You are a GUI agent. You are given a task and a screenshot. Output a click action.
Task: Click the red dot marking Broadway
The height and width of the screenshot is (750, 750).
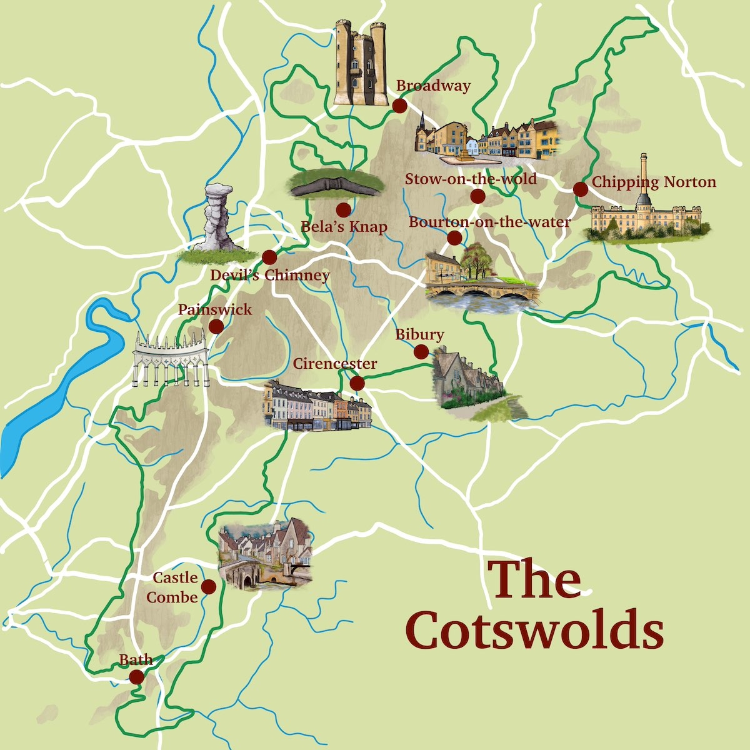[x=399, y=106]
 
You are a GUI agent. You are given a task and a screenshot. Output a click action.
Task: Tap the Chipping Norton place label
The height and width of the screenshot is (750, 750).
[x=653, y=182]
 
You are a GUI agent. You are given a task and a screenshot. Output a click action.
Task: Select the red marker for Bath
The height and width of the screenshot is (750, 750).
[x=136, y=676]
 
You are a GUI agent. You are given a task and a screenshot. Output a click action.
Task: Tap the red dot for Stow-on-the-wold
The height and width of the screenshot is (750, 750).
[x=477, y=197]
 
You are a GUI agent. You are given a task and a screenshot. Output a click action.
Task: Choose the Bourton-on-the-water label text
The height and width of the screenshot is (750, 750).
[x=489, y=222]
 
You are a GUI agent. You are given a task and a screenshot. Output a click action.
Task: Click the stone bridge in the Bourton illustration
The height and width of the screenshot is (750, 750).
[x=481, y=291]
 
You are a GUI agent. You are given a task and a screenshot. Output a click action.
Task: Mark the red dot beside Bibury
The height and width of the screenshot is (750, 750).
[x=421, y=352]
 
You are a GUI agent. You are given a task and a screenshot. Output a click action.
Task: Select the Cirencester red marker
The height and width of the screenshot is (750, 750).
[x=357, y=383]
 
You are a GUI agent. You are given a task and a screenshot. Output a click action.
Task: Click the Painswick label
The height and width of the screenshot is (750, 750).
[x=215, y=309]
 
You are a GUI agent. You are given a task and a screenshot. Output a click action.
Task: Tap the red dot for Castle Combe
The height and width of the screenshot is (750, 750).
[x=208, y=587]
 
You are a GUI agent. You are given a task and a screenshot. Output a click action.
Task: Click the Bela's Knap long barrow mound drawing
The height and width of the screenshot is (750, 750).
[x=336, y=184]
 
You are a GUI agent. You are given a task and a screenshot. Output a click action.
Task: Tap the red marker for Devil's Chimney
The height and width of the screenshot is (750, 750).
[x=269, y=257]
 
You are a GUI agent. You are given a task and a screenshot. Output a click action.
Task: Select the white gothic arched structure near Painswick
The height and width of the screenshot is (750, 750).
[x=170, y=359]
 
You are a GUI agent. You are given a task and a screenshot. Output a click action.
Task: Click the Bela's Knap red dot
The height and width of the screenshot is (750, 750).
[x=342, y=209]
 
